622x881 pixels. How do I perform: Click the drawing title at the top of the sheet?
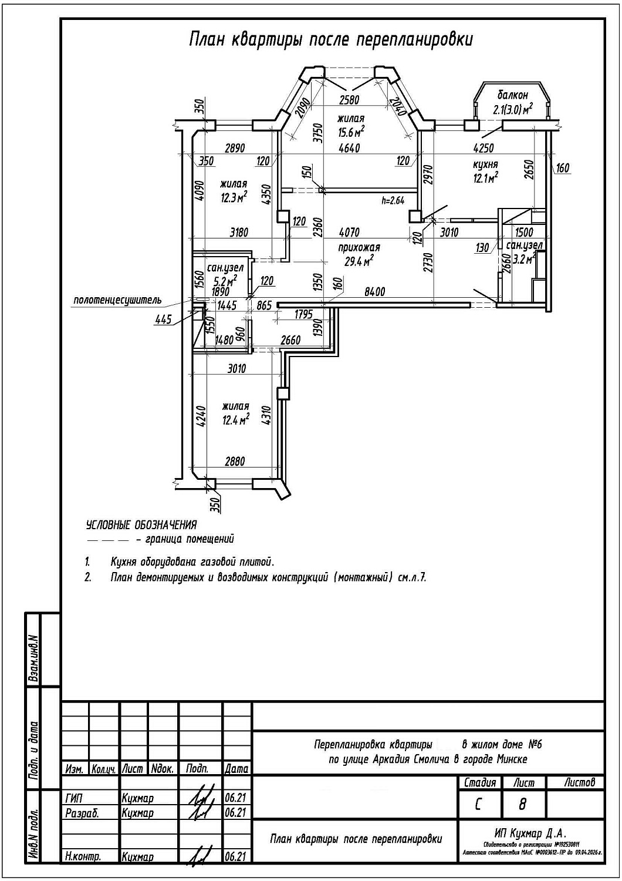click(330, 39)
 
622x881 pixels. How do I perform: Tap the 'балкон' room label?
click(513, 95)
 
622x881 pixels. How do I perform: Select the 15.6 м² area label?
click(351, 132)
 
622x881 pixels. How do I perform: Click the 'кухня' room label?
click(485, 164)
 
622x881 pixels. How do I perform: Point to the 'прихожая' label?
click(359, 247)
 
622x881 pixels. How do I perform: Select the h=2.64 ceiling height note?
click(393, 200)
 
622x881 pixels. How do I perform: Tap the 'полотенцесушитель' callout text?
click(117, 301)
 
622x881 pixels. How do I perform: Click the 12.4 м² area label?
click(235, 420)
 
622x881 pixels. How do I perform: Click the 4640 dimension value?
click(349, 148)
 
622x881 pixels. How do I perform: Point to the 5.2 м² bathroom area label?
click(225, 280)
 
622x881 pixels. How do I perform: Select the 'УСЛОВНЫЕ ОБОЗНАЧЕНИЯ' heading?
click(141, 524)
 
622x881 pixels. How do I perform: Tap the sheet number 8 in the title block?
click(522, 804)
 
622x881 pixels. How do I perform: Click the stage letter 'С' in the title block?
click(478, 804)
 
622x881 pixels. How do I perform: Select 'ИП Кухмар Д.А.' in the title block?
click(530, 833)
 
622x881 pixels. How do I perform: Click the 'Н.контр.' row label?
click(83, 856)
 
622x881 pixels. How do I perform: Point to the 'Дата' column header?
click(236, 768)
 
